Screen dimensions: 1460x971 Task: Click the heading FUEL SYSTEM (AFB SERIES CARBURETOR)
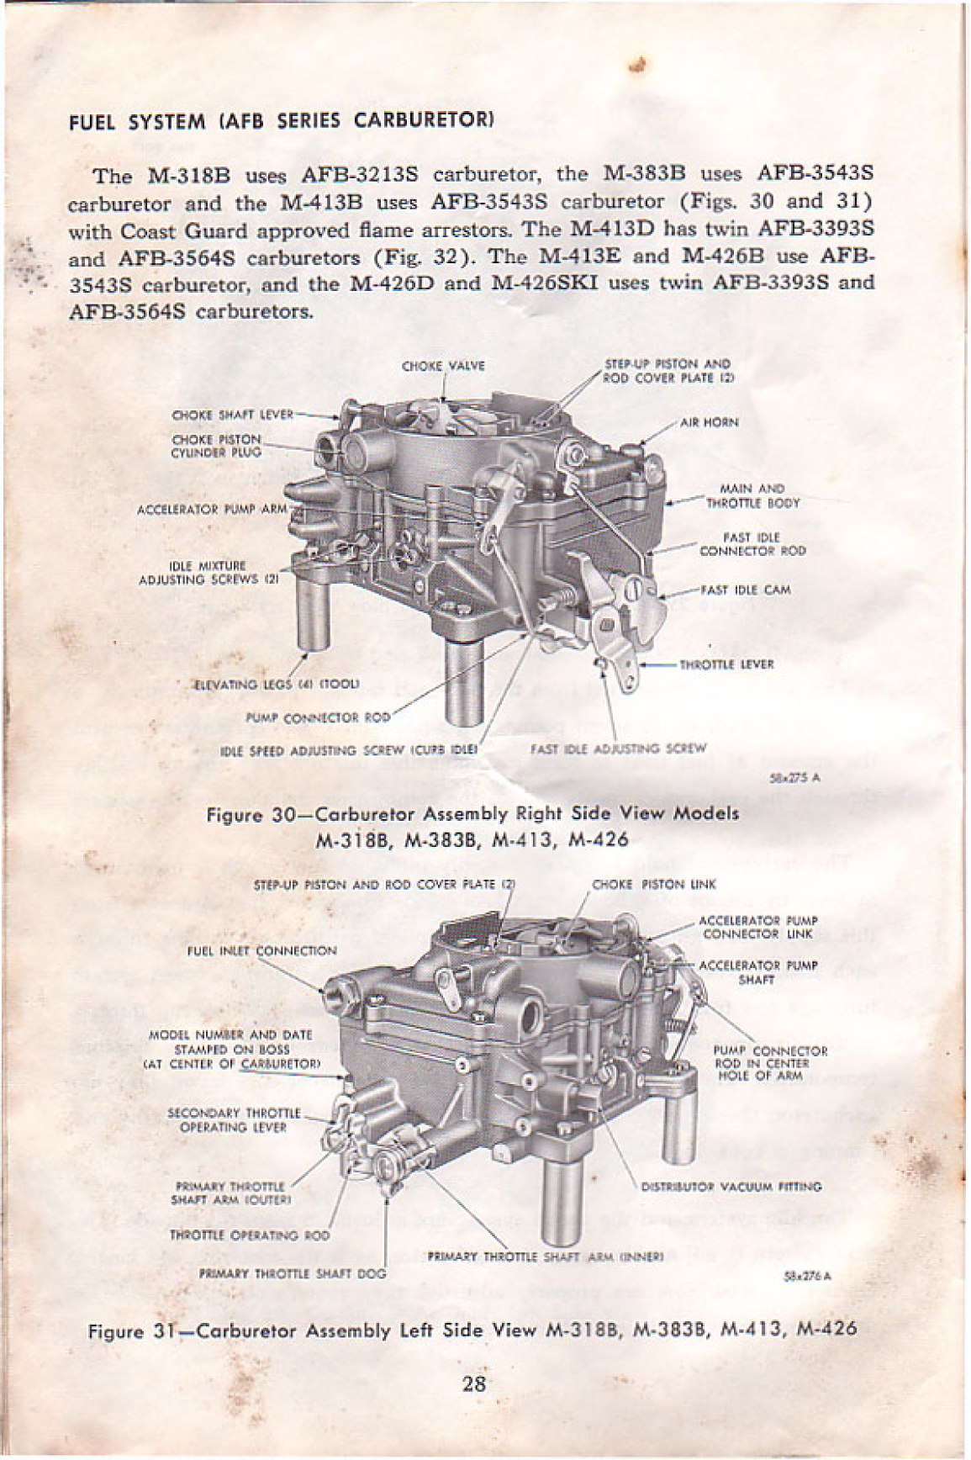(280, 120)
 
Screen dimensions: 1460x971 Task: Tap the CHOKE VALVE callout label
(443, 366)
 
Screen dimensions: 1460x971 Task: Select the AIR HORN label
(709, 423)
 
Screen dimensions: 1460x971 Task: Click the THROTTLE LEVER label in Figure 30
(726, 664)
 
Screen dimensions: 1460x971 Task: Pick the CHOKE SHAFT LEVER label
(232, 415)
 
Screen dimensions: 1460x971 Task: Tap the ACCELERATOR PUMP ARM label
(212, 510)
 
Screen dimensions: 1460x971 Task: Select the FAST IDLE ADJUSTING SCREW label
(618, 748)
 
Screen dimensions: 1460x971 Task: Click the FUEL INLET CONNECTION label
(261, 951)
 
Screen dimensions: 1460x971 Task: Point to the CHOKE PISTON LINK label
(653, 885)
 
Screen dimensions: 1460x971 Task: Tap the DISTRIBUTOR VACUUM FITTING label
(731, 1188)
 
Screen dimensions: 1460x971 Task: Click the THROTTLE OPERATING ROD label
(250, 1236)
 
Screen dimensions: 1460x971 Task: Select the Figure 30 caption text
(472, 826)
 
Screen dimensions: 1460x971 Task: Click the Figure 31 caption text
(472, 1330)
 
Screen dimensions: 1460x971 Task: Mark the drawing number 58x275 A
(795, 778)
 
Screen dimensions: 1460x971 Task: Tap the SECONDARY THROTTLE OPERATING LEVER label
(233, 1120)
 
